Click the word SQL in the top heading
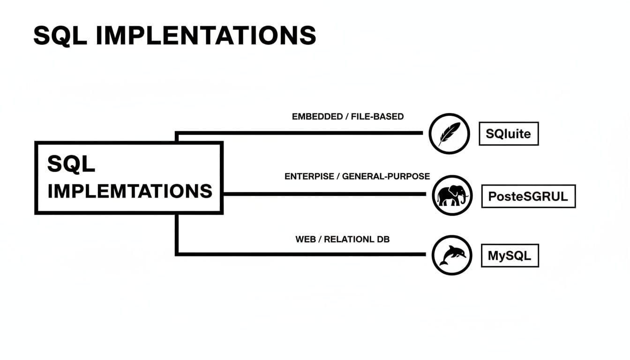[x=60, y=35]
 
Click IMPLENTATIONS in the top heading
[x=206, y=35]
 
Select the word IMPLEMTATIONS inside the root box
[x=130, y=191]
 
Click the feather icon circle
[x=450, y=134]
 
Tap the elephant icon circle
[x=452, y=195]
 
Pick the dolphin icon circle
[x=452, y=255]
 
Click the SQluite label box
[x=508, y=134]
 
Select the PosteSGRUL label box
[x=528, y=196]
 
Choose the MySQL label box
[x=510, y=255]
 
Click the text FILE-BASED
[x=377, y=117]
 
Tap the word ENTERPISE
[x=309, y=177]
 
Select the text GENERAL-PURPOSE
[x=386, y=177]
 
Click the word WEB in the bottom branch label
[x=305, y=240]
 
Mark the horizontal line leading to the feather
[x=300, y=133]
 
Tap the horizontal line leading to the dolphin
[x=300, y=254]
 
